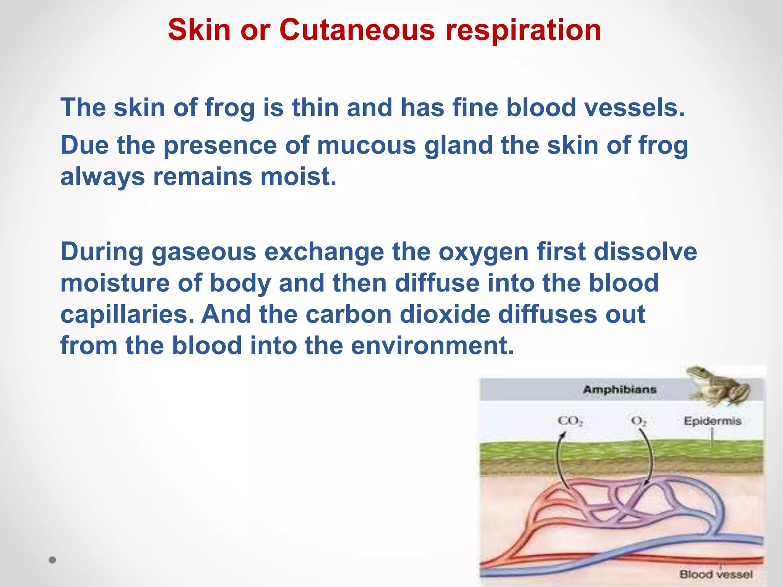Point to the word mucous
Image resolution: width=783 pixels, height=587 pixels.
tap(366, 146)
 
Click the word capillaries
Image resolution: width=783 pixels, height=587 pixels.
tap(128, 315)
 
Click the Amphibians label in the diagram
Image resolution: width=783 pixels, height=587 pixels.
tap(620, 390)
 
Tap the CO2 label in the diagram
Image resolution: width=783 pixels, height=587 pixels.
tap(570, 421)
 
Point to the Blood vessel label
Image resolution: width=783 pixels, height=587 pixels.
tap(716, 574)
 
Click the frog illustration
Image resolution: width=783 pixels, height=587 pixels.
tap(718, 386)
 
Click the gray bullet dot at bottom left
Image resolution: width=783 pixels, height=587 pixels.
tap(53, 560)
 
